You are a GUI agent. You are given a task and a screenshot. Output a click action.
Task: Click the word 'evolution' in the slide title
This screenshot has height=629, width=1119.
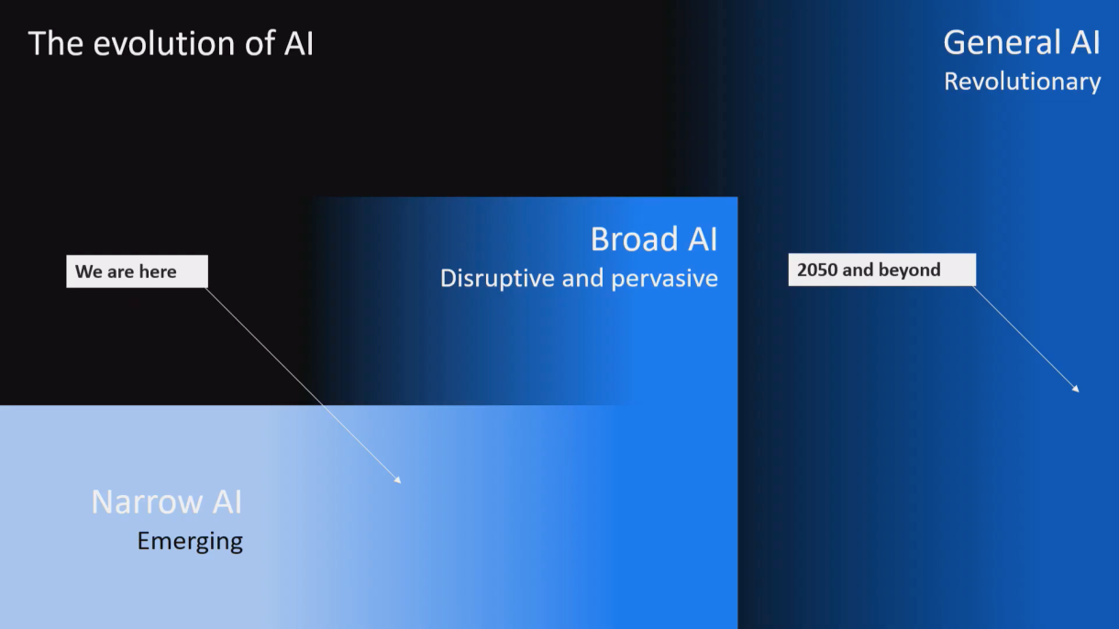click(x=165, y=43)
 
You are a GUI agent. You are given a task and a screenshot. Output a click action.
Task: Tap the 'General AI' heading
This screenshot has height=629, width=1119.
click(x=1022, y=42)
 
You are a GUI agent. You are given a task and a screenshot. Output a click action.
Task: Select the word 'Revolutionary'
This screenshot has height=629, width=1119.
click(x=1022, y=82)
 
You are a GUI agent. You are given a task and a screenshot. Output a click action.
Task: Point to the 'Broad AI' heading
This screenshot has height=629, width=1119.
click(x=654, y=238)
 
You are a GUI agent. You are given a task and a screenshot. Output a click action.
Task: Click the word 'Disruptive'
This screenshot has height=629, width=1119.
click(x=497, y=278)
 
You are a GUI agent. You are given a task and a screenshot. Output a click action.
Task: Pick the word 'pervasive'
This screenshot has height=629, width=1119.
click(x=664, y=279)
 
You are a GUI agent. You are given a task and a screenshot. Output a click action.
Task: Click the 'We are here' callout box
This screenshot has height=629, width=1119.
click(x=137, y=271)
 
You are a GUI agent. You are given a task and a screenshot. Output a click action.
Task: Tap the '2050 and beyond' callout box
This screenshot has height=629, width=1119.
click(x=881, y=270)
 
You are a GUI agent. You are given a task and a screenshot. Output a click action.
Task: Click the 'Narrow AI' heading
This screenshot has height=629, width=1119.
click(x=166, y=502)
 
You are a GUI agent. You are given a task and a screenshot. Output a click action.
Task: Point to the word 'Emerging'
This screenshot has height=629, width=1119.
click(x=190, y=542)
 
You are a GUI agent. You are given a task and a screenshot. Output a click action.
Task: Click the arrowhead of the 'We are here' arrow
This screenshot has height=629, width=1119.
click(x=398, y=480)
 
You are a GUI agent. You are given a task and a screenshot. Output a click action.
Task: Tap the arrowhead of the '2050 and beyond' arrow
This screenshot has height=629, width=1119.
click(x=1076, y=389)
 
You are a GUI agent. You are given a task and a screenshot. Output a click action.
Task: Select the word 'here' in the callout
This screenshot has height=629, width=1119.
click(x=158, y=271)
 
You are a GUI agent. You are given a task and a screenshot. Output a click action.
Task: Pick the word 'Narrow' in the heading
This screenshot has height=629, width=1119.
click(x=148, y=502)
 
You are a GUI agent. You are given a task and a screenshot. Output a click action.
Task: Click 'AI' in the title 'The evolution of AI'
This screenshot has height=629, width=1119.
click(x=299, y=43)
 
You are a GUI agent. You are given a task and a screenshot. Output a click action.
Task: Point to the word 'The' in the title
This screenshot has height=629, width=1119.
click(x=56, y=43)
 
